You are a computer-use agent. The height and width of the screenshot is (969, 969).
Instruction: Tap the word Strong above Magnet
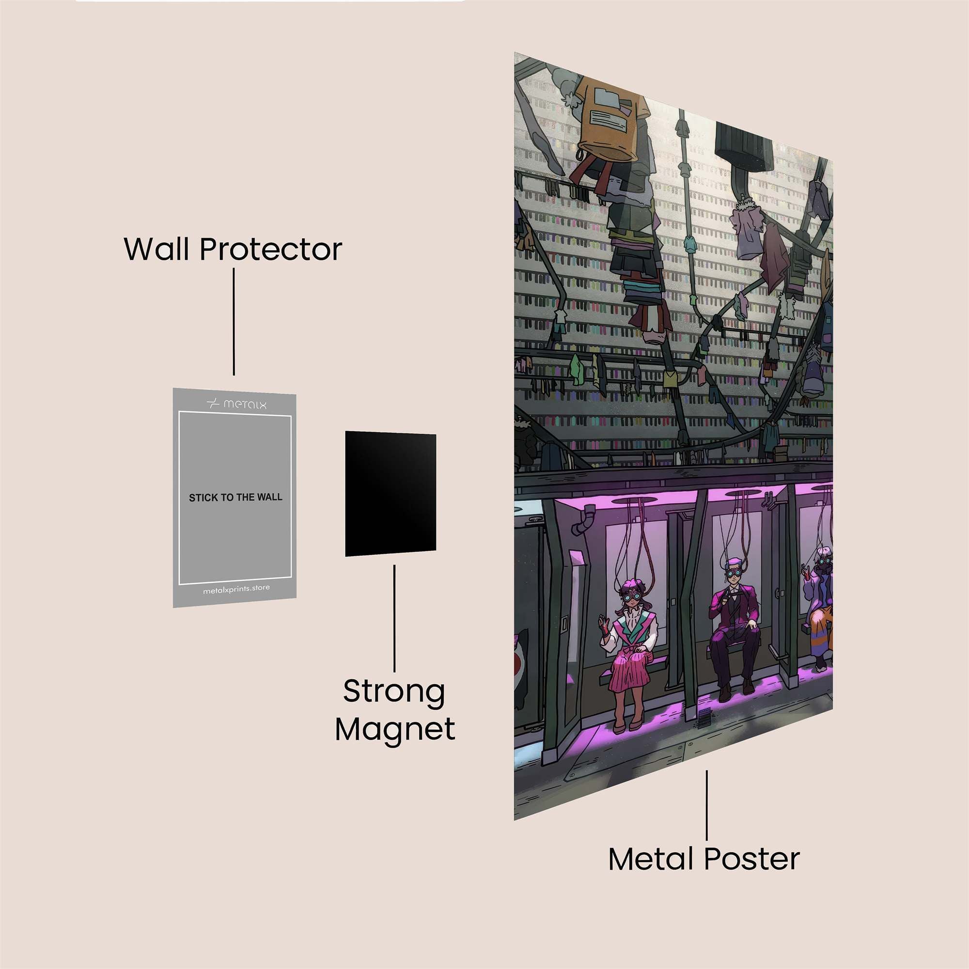(x=394, y=692)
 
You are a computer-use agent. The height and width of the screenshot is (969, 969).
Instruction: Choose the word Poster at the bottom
(x=752, y=859)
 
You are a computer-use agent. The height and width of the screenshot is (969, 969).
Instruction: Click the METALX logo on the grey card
(x=237, y=404)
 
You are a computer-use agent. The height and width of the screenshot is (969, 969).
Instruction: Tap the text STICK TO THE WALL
(x=235, y=498)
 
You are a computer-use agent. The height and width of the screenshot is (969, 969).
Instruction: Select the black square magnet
(x=390, y=494)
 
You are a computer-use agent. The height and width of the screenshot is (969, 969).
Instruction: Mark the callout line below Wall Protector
(x=234, y=321)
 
